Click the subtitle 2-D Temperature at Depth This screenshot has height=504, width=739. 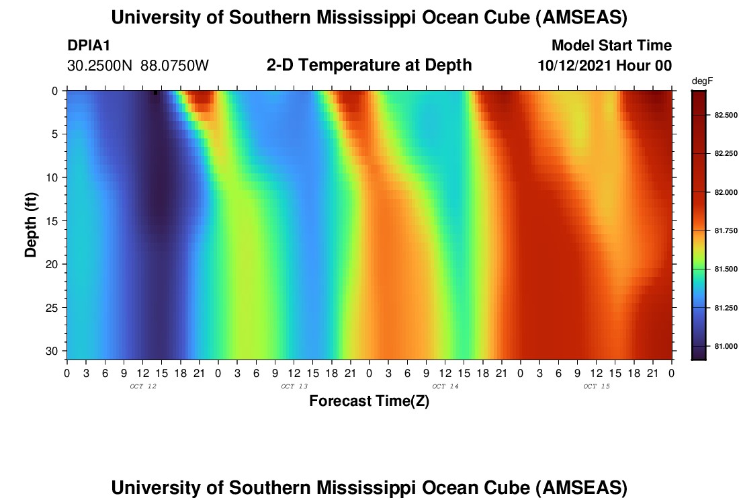pos(369,65)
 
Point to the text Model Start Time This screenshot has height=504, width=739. pos(611,46)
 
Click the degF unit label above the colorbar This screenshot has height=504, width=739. pos(701,81)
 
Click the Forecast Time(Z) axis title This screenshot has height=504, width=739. pos(369,401)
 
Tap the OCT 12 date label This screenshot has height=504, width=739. pos(142,386)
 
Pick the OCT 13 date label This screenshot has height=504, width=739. pos(294,386)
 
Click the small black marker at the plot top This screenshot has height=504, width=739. pos(155,93)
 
